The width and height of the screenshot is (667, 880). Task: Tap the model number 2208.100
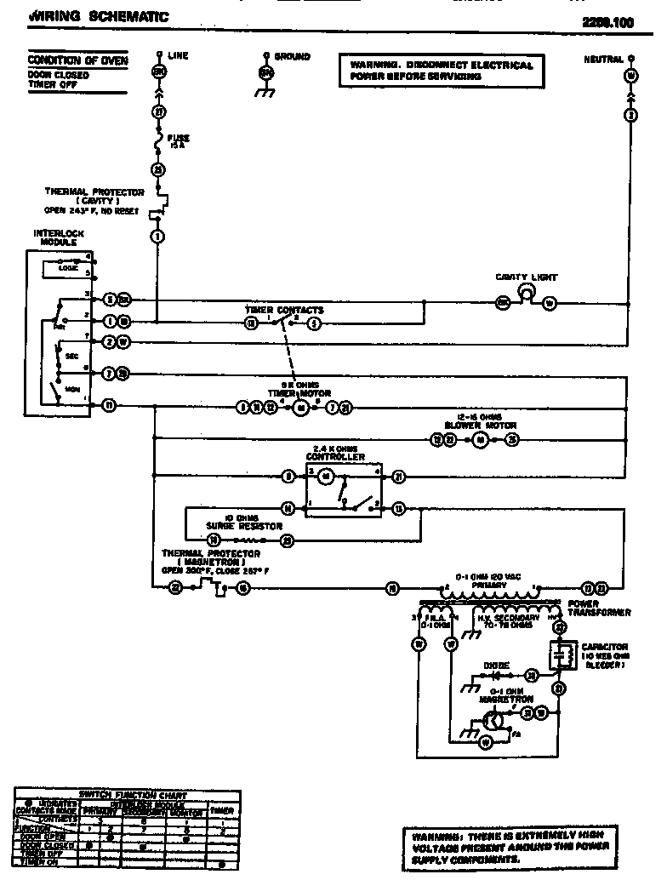click(607, 24)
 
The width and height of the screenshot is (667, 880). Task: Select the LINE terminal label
click(178, 55)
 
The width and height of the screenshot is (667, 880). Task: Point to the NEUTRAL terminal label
click(602, 59)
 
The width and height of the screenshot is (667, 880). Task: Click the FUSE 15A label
click(179, 140)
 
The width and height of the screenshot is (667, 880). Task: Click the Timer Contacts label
click(284, 311)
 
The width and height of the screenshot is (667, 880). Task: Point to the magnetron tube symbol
click(492, 720)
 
